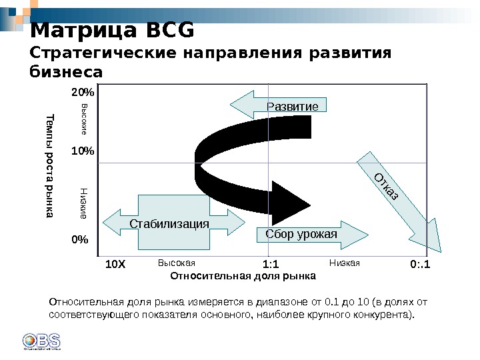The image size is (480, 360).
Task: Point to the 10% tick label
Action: [83, 151]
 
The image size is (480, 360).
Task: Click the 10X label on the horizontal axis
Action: [115, 265]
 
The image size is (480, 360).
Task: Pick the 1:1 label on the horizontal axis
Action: [271, 265]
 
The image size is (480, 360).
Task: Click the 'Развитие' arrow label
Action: [292, 107]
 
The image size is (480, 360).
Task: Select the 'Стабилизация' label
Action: [169, 224]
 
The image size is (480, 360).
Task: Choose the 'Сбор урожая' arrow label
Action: [301, 234]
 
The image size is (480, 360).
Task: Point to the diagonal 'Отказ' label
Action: [385, 187]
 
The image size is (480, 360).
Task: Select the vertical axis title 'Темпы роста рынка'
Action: [49, 167]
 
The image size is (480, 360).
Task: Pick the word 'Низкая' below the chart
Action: [345, 263]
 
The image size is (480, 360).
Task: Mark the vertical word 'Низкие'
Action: [84, 203]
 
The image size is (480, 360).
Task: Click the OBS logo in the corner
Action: [41, 340]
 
